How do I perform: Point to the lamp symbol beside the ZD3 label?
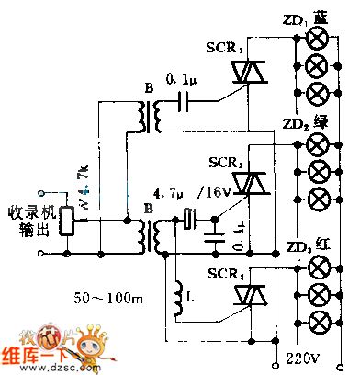[x=319, y=267]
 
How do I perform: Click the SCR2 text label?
[x=226, y=162]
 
